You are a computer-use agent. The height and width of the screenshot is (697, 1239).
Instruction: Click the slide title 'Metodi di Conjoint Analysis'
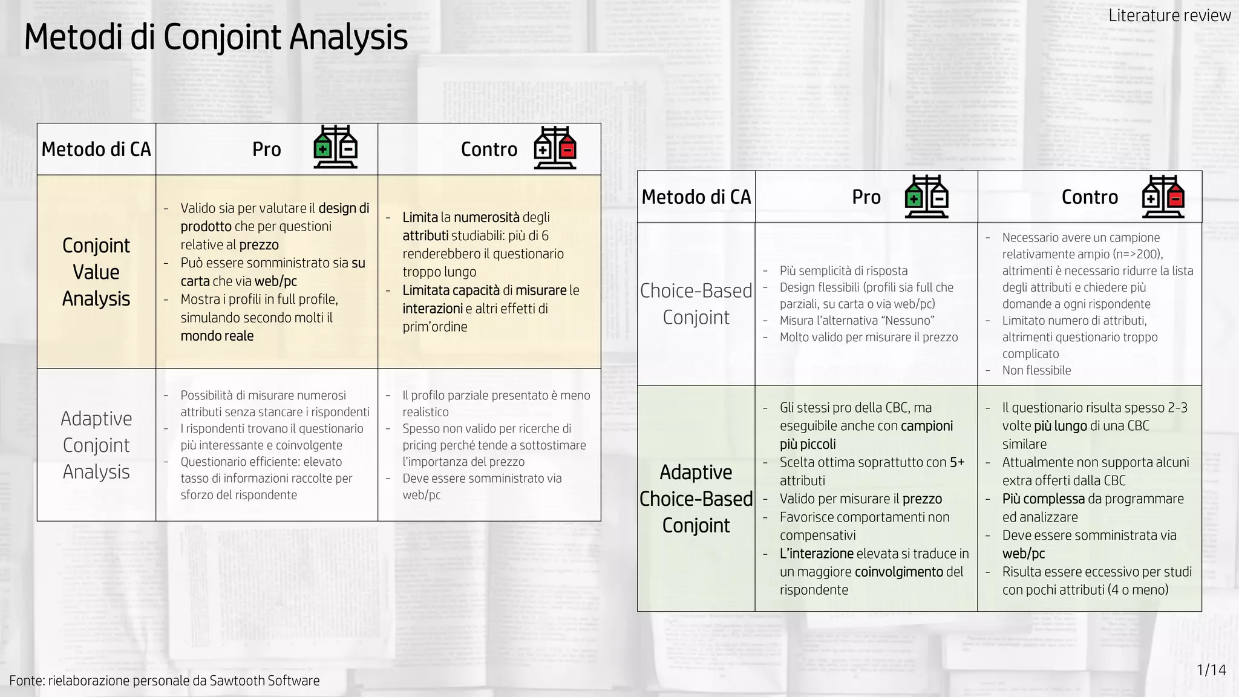click(x=215, y=38)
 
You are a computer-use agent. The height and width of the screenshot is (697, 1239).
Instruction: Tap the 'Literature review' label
click(x=1169, y=16)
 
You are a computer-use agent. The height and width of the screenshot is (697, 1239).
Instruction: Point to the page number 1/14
click(x=1211, y=670)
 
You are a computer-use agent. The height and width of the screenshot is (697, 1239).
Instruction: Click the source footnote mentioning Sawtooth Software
click(x=165, y=680)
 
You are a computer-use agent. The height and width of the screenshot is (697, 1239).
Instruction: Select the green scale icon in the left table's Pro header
click(x=335, y=148)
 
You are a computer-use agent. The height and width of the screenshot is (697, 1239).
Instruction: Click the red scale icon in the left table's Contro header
click(x=555, y=148)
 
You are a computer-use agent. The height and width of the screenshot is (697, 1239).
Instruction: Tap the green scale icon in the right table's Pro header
click(x=926, y=197)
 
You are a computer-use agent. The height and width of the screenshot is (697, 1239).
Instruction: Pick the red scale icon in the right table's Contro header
click(x=1163, y=197)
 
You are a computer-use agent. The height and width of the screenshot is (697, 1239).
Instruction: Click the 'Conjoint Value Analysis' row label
click(x=96, y=272)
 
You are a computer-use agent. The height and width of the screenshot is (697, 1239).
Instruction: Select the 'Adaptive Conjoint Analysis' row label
click(x=96, y=445)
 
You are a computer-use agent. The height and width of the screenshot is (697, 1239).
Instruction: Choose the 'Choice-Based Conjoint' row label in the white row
click(x=696, y=304)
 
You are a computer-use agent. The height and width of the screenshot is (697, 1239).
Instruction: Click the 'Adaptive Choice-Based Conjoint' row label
click(x=696, y=499)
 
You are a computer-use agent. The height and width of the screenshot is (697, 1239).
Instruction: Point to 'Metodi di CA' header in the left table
click(x=96, y=149)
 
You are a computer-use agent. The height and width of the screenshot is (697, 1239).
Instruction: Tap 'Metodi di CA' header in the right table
click(x=696, y=197)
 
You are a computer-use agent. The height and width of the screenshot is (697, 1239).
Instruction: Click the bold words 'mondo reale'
click(x=217, y=336)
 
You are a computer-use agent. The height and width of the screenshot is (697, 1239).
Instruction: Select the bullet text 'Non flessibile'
click(x=1036, y=370)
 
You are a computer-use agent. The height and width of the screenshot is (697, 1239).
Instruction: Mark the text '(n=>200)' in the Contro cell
click(x=1139, y=254)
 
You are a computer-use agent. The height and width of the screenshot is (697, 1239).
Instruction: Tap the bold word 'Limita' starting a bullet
click(x=420, y=217)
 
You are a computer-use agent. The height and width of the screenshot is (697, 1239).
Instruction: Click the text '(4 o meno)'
click(x=1138, y=590)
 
